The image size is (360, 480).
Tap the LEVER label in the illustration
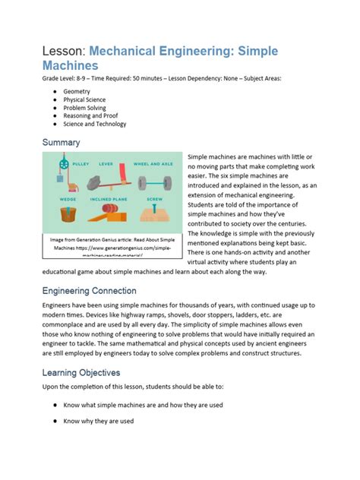click(106, 163)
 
